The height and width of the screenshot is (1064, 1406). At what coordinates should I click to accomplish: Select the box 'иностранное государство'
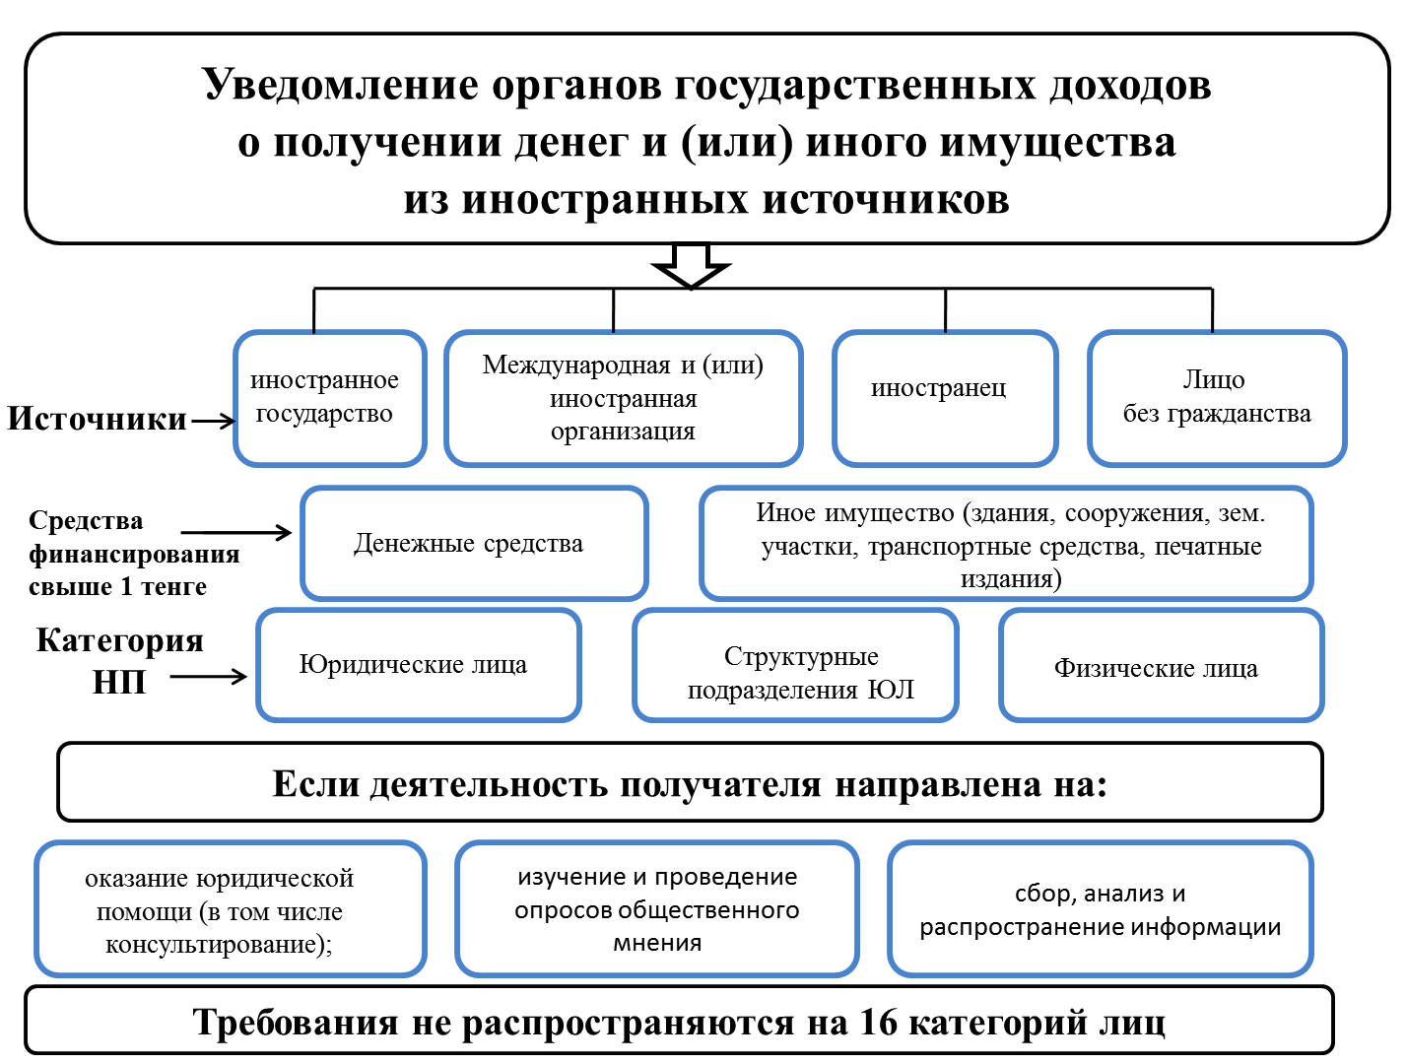[x=329, y=398]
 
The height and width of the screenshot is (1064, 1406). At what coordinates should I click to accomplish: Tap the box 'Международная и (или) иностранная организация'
[x=624, y=398]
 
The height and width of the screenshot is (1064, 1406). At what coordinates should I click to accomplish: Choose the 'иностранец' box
[x=944, y=398]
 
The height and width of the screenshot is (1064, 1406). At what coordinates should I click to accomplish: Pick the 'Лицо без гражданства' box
[x=1217, y=398]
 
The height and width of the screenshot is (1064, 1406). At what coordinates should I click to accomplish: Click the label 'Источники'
[x=97, y=419]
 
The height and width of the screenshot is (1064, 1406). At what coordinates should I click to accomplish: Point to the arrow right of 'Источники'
[x=213, y=421]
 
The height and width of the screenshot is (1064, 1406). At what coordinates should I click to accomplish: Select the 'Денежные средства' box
[x=474, y=543]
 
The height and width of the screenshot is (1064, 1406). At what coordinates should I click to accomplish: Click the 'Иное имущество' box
[x=1006, y=543]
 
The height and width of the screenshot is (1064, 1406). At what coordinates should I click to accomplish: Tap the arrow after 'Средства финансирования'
[x=236, y=532]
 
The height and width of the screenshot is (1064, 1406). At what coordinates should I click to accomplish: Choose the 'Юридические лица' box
[x=419, y=665]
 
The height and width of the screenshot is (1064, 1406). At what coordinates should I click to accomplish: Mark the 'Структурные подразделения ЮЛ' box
[x=795, y=665]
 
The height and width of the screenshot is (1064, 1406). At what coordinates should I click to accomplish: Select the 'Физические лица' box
[x=1161, y=665]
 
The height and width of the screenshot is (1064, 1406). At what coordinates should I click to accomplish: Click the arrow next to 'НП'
[x=208, y=676]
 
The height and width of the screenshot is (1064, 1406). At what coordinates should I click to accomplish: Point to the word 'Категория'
[x=120, y=640]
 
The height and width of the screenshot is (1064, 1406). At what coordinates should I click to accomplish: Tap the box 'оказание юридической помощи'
[x=230, y=908]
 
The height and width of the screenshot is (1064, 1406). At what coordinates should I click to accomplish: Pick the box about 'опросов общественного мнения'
[x=656, y=908]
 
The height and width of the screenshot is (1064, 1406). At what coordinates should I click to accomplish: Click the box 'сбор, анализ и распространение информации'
[x=1100, y=908]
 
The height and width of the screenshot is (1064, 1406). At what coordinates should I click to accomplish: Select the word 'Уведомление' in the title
[x=341, y=85]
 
